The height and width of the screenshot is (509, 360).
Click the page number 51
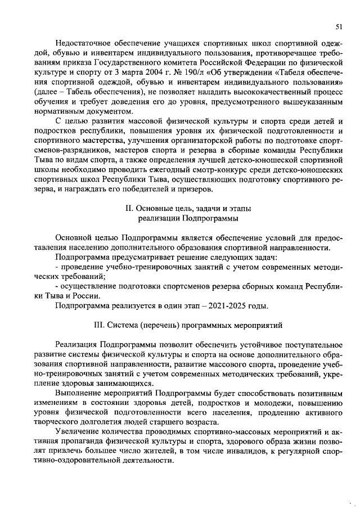click(x=339, y=26)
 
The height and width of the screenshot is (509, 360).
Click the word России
click(x=87, y=296)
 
